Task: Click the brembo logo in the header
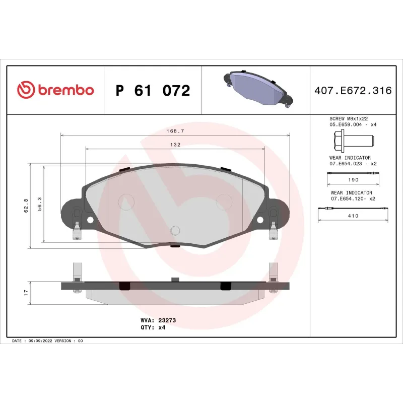pyautogui.click(x=55, y=90)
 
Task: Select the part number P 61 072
pyautogui.click(x=153, y=91)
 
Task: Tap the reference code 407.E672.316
pyautogui.click(x=353, y=91)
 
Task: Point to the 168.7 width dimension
pyautogui.click(x=175, y=130)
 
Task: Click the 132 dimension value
pyautogui.click(x=175, y=144)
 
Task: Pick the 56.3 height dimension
pyautogui.click(x=39, y=206)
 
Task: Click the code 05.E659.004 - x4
pyautogui.click(x=353, y=124)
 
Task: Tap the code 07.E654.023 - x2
pyautogui.click(x=353, y=164)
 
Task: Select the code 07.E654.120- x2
pyautogui.click(x=353, y=198)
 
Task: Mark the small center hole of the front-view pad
pyautogui.click(x=175, y=231)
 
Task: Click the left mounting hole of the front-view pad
pyautogui.click(x=90, y=220)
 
